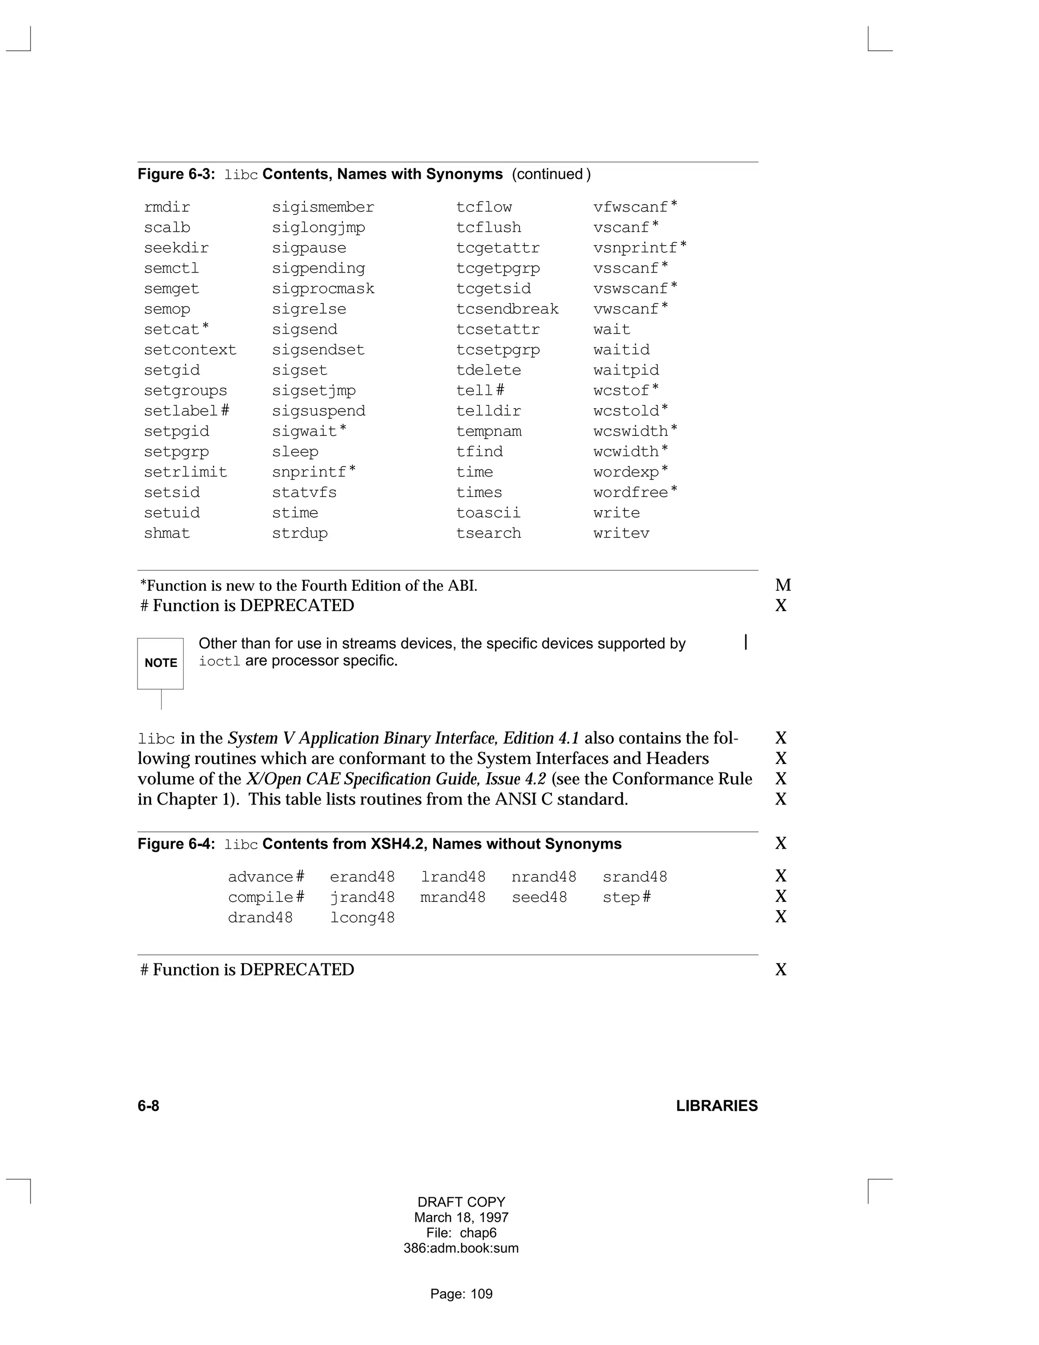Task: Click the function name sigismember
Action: coord(323,208)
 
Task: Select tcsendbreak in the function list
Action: coord(507,309)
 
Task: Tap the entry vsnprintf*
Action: coord(640,248)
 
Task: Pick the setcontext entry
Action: coord(190,350)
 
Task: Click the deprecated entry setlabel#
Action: coord(187,411)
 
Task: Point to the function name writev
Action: coord(621,533)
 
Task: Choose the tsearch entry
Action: coord(488,533)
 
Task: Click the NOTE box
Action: coord(160,663)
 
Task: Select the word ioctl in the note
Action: coord(219,661)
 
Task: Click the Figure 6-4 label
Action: coord(176,845)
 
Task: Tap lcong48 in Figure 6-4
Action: coord(362,918)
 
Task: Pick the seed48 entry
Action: coord(539,898)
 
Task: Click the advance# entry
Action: coord(266,878)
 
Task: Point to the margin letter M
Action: coord(783,586)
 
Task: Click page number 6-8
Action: coord(148,1106)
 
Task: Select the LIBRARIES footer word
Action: coord(716,1106)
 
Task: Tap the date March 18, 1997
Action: coord(461,1218)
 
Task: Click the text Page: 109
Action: coord(461,1294)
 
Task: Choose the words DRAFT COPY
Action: coord(461,1202)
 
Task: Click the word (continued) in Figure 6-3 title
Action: coord(551,174)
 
